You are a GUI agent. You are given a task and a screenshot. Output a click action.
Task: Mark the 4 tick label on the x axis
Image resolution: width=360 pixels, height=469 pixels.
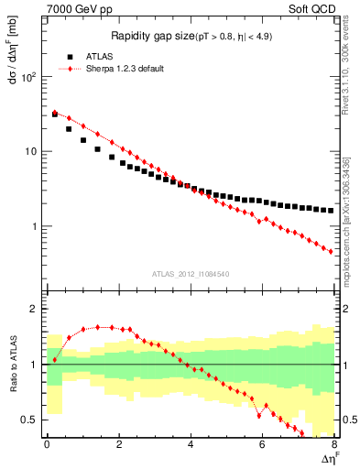point(191,445)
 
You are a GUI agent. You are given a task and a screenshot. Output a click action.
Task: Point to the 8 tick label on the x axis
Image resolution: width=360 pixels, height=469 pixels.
point(333,445)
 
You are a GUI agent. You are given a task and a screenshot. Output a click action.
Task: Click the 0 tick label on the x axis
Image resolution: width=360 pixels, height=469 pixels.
point(47,445)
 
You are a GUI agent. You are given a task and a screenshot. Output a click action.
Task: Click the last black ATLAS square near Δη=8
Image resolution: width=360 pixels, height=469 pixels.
point(331,210)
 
